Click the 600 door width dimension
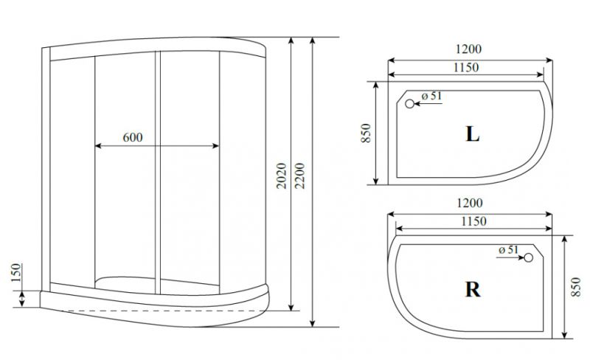(133, 137)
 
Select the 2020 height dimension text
(282, 176)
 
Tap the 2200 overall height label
(300, 176)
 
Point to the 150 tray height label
(15, 273)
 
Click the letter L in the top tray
(473, 134)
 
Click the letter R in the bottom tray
(473, 289)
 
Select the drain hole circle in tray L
(410, 104)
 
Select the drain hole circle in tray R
(529, 257)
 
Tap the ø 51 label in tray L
(431, 96)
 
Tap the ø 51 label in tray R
(508, 249)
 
